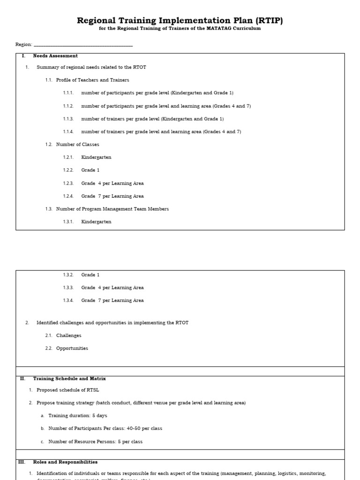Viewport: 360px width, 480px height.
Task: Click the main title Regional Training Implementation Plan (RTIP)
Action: (x=180, y=21)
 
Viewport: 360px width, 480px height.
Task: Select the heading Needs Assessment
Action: (x=55, y=56)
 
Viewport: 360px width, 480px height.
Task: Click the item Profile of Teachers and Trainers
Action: (x=92, y=80)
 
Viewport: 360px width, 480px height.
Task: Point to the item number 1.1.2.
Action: (x=68, y=106)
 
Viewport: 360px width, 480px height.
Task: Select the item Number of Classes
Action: (x=77, y=144)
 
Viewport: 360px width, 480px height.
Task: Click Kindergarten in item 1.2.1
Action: (x=96, y=157)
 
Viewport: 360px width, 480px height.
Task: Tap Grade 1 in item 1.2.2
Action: (x=90, y=170)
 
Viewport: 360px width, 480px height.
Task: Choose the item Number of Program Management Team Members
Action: (x=112, y=209)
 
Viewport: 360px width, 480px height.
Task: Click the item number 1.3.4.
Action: (x=68, y=300)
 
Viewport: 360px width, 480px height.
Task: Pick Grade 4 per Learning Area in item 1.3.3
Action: (x=112, y=288)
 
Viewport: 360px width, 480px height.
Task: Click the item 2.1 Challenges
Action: (x=68, y=336)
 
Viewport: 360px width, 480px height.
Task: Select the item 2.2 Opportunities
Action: (x=72, y=348)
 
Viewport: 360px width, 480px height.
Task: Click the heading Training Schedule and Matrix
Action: (x=69, y=378)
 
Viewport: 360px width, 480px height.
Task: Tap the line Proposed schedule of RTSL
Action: (x=67, y=390)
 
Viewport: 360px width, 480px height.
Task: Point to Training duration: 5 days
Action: (x=77, y=416)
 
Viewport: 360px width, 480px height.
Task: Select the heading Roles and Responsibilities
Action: (x=65, y=462)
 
